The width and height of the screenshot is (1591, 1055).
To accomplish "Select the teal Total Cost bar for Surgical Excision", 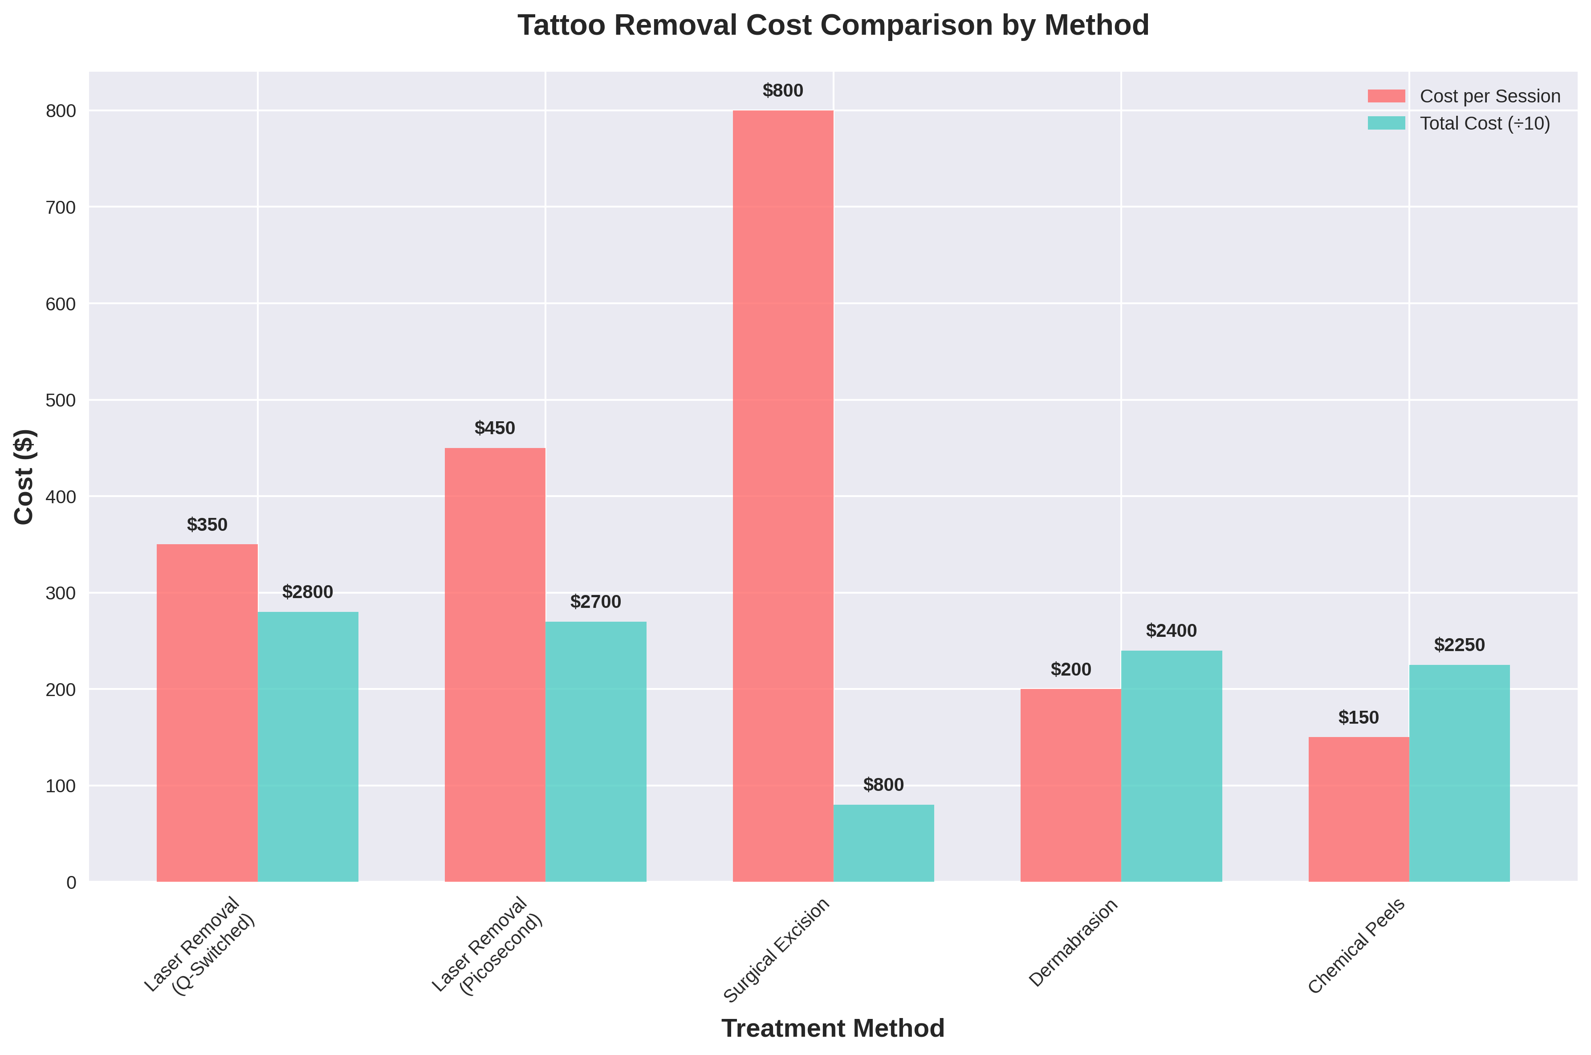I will point(883,843).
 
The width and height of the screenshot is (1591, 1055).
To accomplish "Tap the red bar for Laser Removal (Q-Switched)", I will point(207,713).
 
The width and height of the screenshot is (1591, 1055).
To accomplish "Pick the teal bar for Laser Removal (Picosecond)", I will point(595,752).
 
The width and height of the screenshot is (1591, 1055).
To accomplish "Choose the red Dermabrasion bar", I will point(1070,785).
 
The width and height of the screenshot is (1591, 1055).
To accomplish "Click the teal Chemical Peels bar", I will point(1459,773).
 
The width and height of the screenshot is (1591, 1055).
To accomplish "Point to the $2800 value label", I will point(307,592).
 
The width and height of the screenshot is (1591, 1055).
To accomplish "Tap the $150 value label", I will point(1358,717).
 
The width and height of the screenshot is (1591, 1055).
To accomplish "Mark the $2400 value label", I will point(1171,631).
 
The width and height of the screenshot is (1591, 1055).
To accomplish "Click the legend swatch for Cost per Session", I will point(1386,96).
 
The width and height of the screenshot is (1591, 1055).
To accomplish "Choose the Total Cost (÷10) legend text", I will point(1485,124).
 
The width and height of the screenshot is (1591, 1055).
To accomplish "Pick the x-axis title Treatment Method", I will point(833,1028).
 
